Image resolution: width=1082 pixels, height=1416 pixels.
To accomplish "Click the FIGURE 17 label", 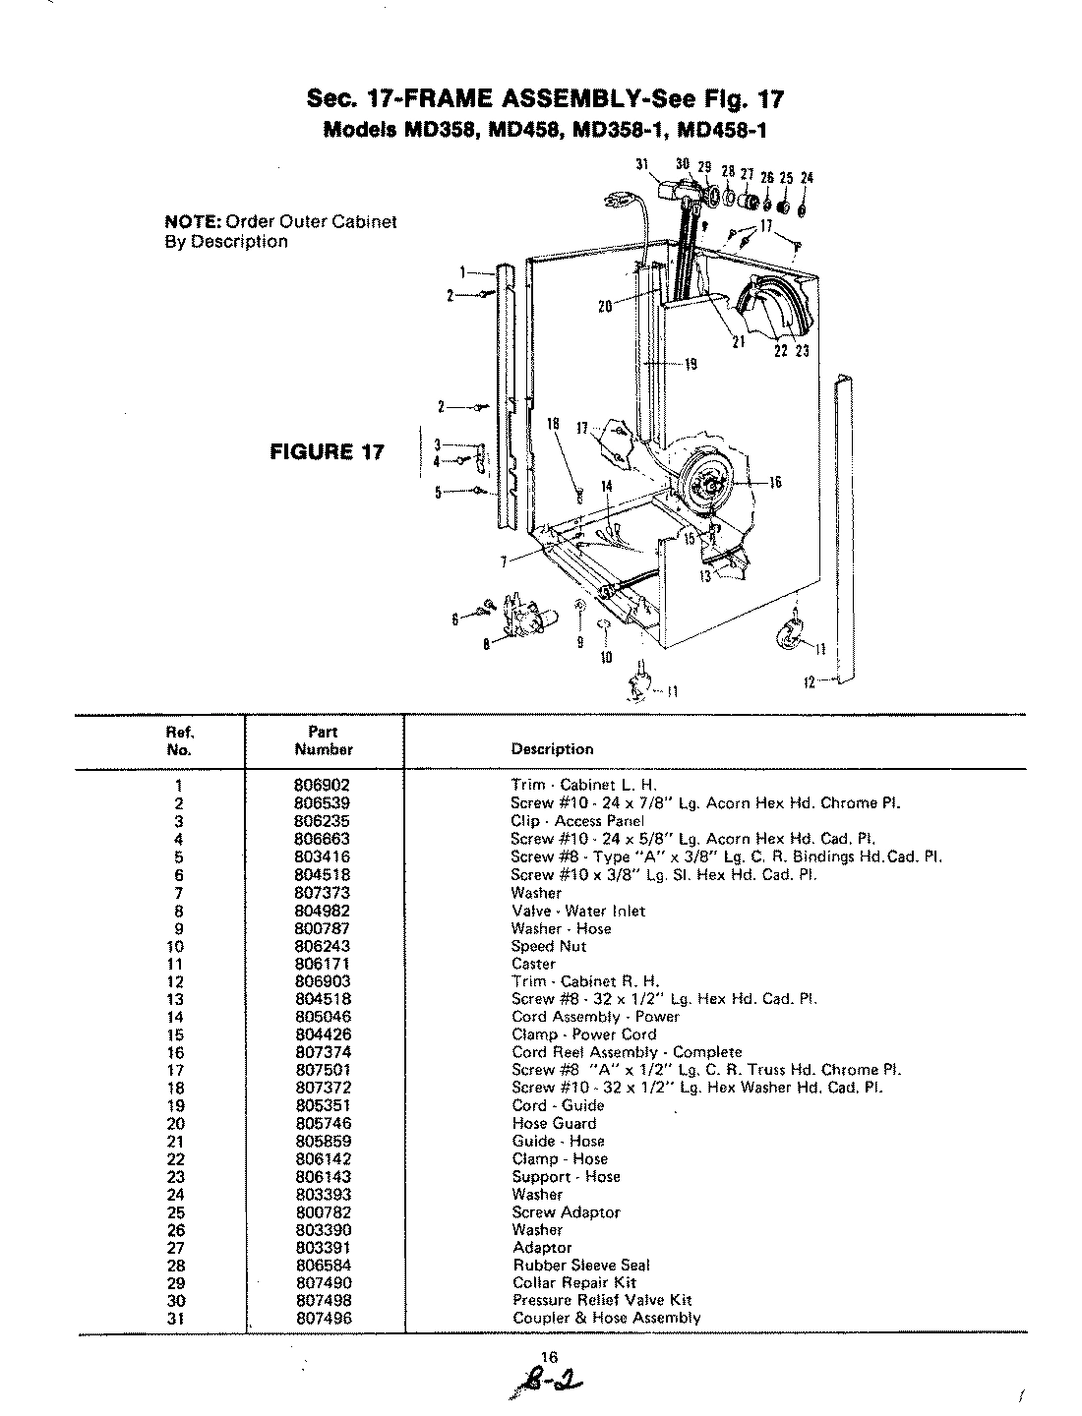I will pyautogui.click(x=325, y=452).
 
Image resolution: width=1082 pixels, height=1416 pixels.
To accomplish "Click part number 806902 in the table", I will pyautogui.click(x=323, y=786).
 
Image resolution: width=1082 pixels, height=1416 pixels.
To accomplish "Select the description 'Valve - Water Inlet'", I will pyautogui.click(x=577, y=912).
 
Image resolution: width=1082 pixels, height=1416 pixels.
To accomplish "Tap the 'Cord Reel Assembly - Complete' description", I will pyautogui.click(x=627, y=1052).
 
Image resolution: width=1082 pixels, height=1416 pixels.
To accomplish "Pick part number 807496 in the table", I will pyautogui.click(x=323, y=1319).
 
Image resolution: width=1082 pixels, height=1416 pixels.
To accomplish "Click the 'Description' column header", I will pyautogui.click(x=552, y=749).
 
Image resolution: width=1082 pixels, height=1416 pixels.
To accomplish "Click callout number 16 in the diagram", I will pyautogui.click(x=775, y=483).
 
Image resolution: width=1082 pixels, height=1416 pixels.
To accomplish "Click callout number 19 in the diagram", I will pyautogui.click(x=691, y=364).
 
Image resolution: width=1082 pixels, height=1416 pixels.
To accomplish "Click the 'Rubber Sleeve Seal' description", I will pyautogui.click(x=581, y=1266).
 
